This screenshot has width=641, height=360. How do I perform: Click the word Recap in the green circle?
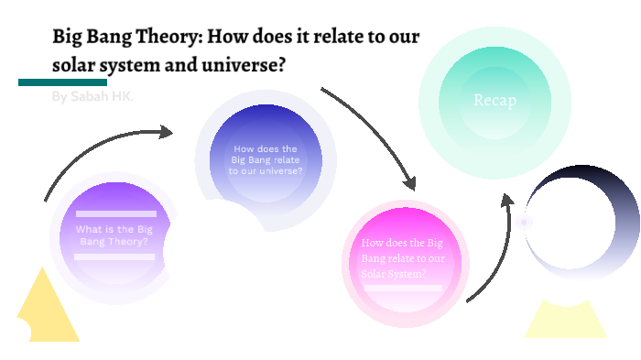(494, 100)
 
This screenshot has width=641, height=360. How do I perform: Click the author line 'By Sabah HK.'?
(92, 96)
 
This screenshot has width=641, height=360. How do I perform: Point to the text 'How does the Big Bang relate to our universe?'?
(266, 159)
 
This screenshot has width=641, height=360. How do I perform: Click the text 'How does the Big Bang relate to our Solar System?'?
(404, 258)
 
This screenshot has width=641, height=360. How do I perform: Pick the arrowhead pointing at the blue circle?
(166, 132)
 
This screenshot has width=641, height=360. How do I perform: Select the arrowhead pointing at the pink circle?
(409, 182)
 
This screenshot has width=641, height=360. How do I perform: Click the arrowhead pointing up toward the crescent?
(506, 199)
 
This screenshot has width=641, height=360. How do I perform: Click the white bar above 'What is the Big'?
(115, 213)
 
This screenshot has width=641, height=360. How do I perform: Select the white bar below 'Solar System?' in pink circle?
(404, 289)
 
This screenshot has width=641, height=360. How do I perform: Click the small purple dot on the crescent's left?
(524, 222)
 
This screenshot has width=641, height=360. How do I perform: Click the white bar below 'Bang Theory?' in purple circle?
(114, 256)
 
